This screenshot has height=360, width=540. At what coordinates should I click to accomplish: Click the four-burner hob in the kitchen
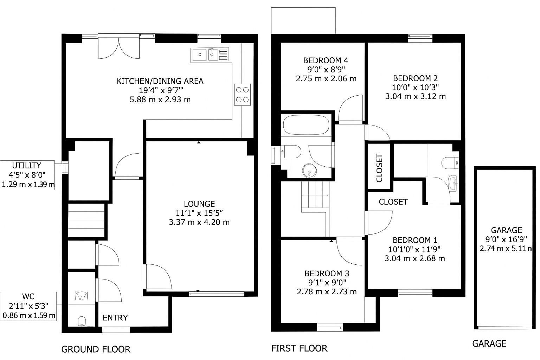tap(242, 95)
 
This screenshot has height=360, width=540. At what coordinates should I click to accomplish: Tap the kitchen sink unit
tap(210, 55)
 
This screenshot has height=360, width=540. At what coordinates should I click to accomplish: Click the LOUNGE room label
tap(199, 204)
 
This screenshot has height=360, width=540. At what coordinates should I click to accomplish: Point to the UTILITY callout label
tap(27, 175)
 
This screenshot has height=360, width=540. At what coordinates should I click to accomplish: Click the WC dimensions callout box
tap(28, 306)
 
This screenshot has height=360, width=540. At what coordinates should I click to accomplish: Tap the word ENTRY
tap(115, 318)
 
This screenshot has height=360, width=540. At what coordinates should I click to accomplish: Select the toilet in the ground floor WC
tap(82, 321)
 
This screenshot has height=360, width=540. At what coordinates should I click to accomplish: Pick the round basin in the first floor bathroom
tap(309, 171)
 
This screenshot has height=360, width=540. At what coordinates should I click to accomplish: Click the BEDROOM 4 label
tap(326, 60)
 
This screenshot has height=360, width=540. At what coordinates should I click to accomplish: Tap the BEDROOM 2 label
tap(415, 78)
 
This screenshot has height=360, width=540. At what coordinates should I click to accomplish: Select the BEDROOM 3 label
tap(327, 274)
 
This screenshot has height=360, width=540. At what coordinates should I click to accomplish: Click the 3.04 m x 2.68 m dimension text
tap(414, 258)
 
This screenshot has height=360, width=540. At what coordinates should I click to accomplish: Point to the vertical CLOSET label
tap(379, 168)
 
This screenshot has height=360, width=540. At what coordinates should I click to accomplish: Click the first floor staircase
tap(315, 197)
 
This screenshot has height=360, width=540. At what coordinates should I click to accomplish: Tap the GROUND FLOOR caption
tap(96, 349)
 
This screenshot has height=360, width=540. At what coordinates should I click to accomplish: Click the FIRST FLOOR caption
tap(299, 348)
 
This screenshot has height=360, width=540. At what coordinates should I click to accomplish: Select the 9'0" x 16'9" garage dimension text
tap(506, 239)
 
